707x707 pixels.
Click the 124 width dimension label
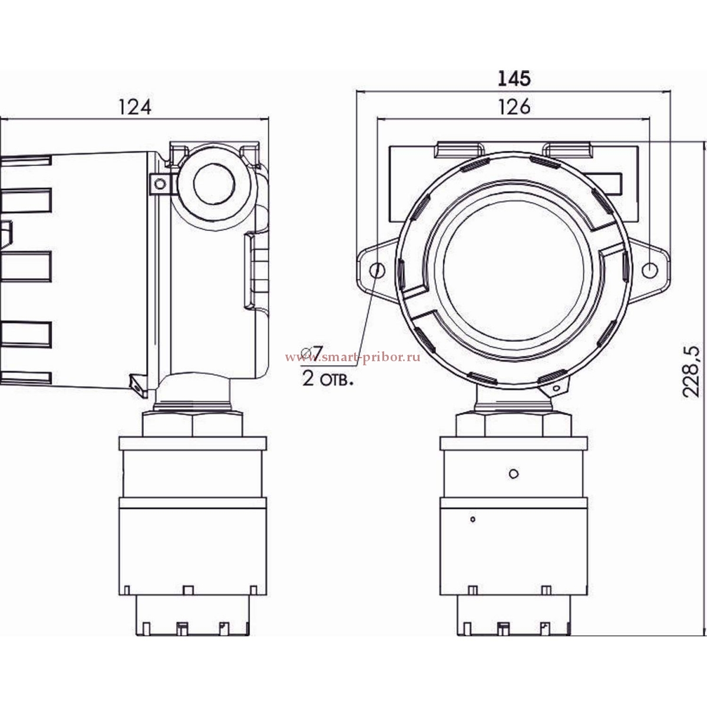click(135, 107)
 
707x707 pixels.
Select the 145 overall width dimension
click(514, 78)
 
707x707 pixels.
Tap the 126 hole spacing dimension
click(514, 107)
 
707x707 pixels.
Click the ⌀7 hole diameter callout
click(312, 352)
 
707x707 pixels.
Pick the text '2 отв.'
click(328, 379)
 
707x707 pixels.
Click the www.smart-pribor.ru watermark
click(352, 358)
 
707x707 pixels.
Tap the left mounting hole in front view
click(377, 270)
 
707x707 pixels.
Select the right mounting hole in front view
click(650, 270)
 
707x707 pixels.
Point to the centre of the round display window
click(513, 269)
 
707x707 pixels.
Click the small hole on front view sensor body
click(514, 473)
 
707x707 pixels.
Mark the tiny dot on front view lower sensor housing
click(473, 519)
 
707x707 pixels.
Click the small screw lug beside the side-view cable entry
click(160, 183)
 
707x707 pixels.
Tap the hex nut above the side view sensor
click(192, 424)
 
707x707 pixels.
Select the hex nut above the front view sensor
click(514, 425)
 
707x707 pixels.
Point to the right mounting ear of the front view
click(649, 270)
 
